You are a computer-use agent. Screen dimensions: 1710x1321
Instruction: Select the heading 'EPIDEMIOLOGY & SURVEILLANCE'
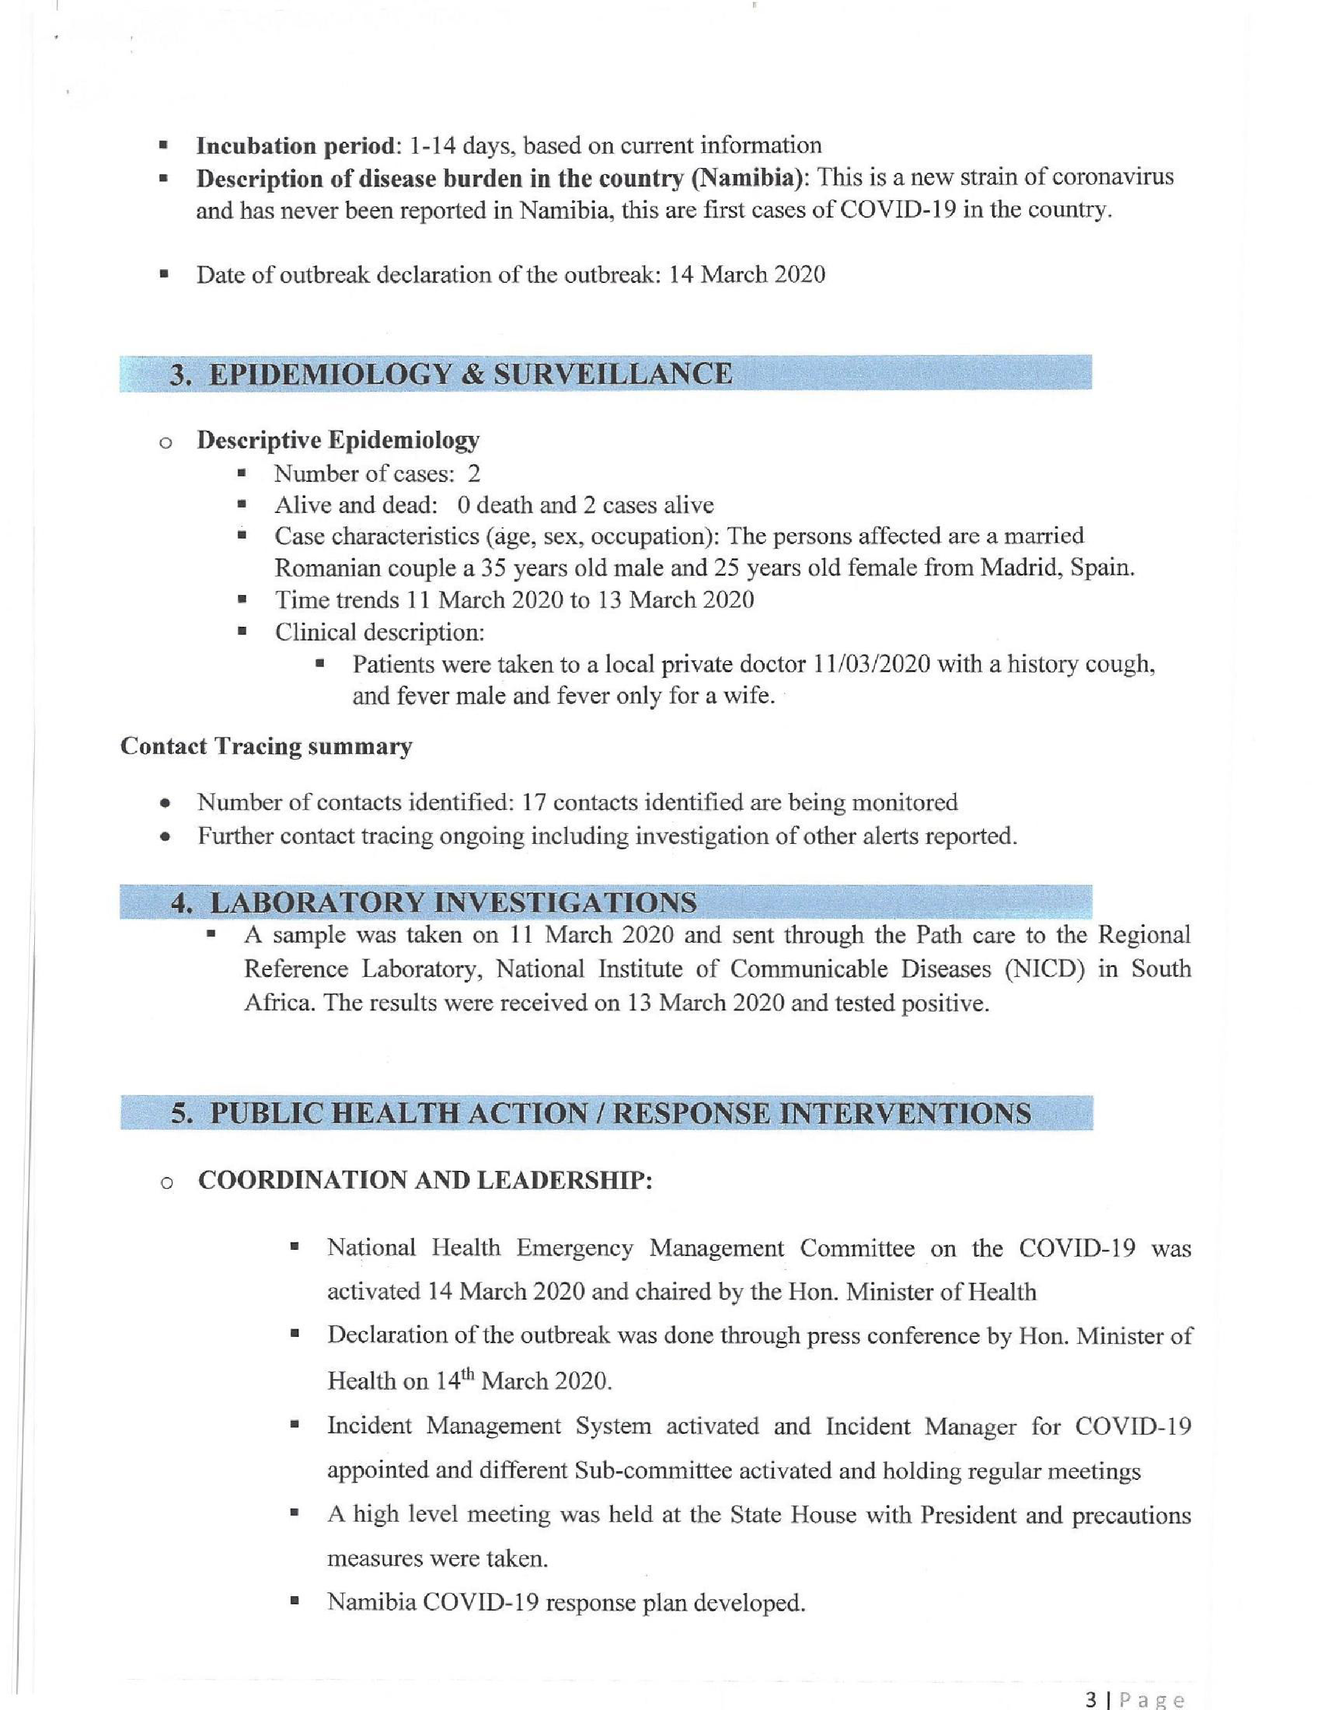[x=471, y=374]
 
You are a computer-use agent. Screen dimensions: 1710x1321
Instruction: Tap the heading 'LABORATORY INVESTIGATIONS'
[x=454, y=903]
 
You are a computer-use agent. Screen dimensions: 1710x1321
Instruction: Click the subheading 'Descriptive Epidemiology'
[x=338, y=441]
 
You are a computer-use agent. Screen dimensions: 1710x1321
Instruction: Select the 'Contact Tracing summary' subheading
[x=266, y=747]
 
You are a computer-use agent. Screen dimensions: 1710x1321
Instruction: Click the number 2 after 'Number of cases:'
[x=474, y=474]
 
